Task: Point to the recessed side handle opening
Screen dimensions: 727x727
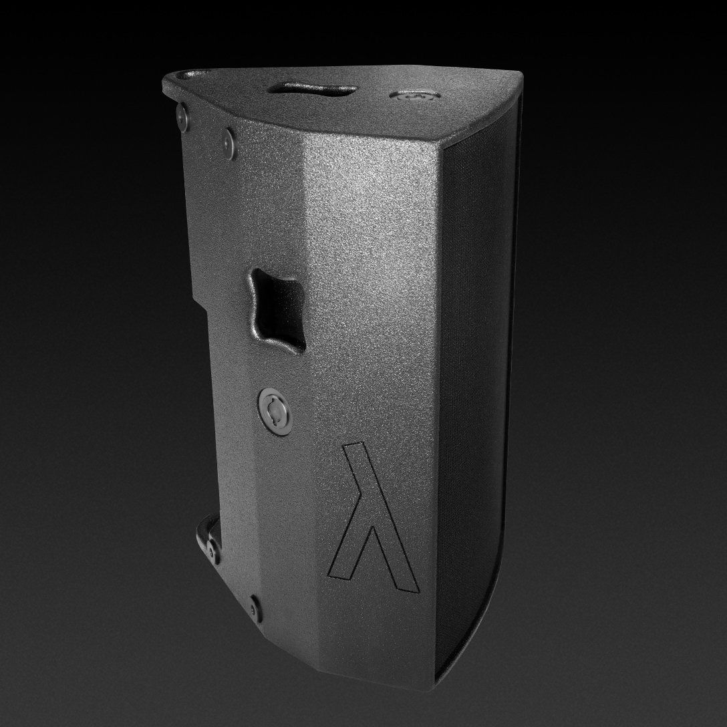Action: coord(277,309)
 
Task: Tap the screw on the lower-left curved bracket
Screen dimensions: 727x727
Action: coord(213,551)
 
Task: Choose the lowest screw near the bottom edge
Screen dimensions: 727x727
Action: coord(253,607)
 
